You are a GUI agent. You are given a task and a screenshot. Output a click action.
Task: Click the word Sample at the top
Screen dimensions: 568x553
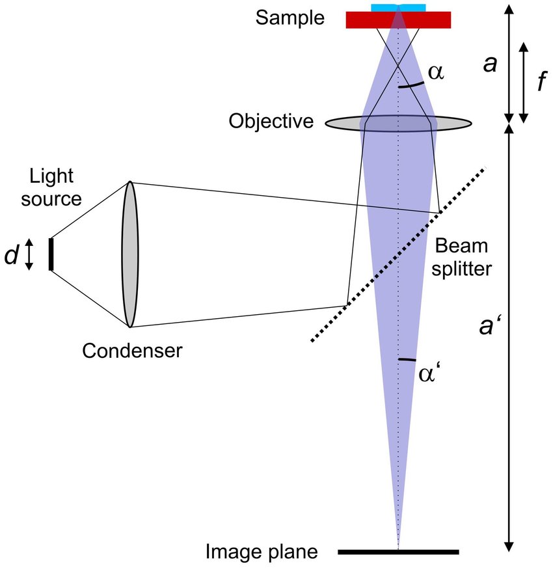tap(289, 18)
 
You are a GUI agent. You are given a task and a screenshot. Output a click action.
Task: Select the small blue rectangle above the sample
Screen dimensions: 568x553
tap(384, 7)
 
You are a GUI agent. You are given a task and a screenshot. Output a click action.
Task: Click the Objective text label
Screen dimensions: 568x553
tap(271, 121)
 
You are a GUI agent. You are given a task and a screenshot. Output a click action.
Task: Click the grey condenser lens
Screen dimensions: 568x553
tap(129, 254)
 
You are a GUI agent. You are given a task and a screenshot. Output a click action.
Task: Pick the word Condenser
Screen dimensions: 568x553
tap(132, 351)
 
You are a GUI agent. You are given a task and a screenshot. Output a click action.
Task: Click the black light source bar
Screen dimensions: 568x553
tap(51, 254)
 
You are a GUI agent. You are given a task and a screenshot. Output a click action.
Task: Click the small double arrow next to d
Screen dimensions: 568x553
tap(28, 254)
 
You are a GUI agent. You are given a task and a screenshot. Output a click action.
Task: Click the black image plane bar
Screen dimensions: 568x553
tap(398, 552)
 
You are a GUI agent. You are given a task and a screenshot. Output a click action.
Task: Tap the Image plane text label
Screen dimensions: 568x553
tap(262, 552)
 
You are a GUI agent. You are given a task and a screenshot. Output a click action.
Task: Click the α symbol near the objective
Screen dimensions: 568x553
tap(435, 72)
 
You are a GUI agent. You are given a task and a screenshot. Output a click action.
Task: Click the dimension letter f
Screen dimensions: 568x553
tap(541, 83)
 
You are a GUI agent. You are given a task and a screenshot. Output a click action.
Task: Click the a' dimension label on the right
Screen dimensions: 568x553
tap(487, 326)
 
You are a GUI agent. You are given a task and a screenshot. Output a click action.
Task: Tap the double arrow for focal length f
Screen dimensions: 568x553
tap(525, 83)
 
